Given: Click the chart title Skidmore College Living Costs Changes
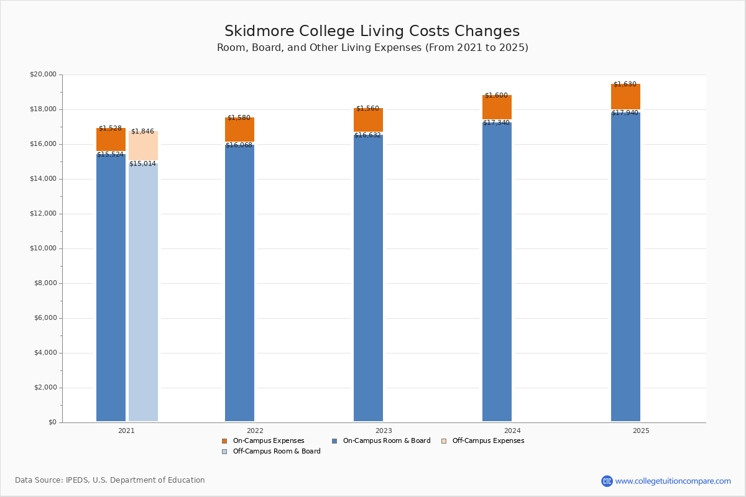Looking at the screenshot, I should click(x=372, y=32).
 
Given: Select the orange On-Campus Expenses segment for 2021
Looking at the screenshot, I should click(x=111, y=140).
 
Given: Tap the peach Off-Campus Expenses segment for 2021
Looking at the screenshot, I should click(x=143, y=147).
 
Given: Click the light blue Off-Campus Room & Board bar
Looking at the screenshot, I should click(x=143, y=292).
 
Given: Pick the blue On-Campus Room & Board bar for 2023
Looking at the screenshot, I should click(x=368, y=280).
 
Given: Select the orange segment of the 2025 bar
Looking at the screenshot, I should click(x=625, y=98).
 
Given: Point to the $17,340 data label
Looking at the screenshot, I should click(x=497, y=123).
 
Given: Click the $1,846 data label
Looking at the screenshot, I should click(x=142, y=132).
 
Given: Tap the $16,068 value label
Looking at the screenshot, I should click(x=239, y=145).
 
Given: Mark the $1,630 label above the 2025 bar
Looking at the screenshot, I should click(x=625, y=84).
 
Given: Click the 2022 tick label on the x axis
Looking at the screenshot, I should click(x=255, y=431).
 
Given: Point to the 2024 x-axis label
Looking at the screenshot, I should click(x=512, y=431).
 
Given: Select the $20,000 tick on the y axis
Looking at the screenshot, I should click(x=43, y=75).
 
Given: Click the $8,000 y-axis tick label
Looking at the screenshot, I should click(x=45, y=283).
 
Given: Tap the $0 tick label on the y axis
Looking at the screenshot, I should click(x=52, y=422).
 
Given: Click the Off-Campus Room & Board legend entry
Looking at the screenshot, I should click(x=276, y=452).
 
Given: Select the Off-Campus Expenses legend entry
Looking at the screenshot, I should click(x=487, y=441).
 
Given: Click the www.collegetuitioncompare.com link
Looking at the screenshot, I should click(x=673, y=481).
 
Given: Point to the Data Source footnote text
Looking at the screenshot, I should click(x=110, y=480).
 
